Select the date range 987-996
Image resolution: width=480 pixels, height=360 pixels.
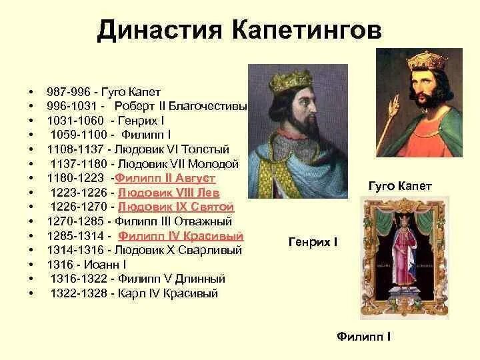[x=69, y=91]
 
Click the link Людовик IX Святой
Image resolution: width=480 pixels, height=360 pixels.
[x=176, y=207]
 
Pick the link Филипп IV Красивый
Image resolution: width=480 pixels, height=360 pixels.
[x=181, y=236]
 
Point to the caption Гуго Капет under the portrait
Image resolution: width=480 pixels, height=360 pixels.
[x=400, y=186]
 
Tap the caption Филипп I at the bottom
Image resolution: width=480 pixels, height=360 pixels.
[x=363, y=336]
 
